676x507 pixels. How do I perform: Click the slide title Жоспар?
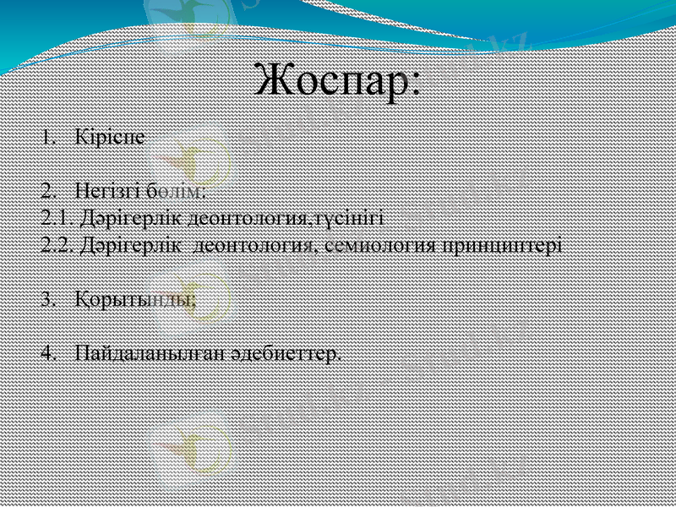(338, 82)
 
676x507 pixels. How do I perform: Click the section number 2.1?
(56, 218)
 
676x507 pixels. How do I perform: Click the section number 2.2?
(56, 246)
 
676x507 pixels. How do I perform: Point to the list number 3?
(47, 299)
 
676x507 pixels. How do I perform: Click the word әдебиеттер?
(286, 352)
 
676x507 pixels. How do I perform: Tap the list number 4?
(47, 352)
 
